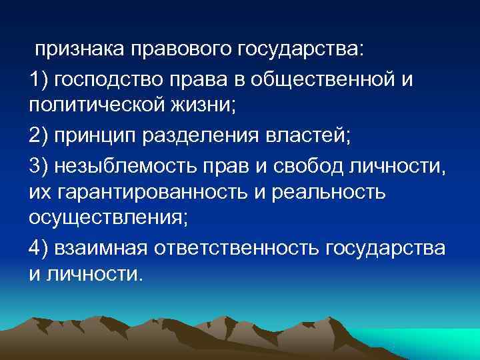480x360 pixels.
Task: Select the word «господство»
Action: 111,81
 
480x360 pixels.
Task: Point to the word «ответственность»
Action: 239,248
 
